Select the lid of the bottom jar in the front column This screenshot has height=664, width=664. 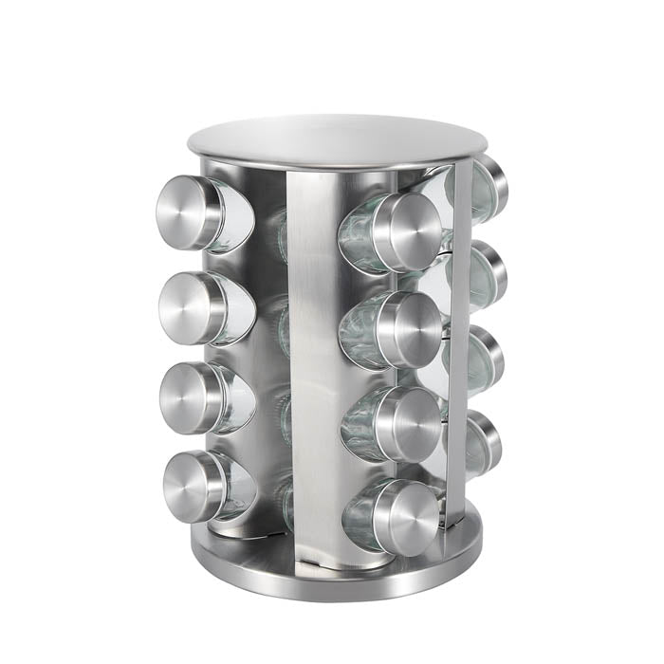pyautogui.click(x=408, y=518)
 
